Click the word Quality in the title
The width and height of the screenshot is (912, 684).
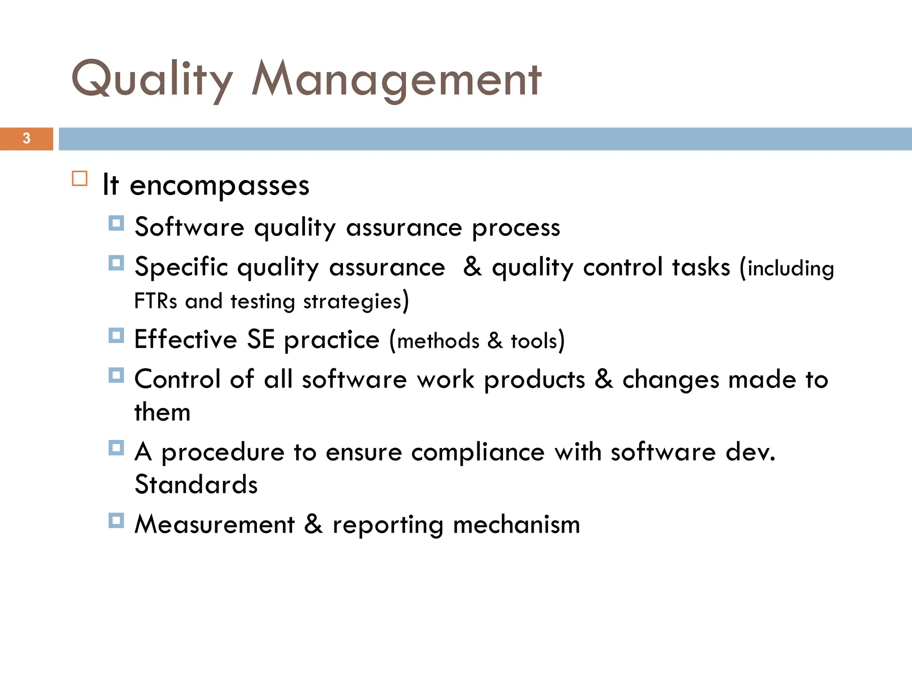[151, 80]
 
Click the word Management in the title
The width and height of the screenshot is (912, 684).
[396, 80]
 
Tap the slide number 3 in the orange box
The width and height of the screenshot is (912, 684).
[26, 138]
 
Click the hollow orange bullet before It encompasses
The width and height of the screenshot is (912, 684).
[79, 179]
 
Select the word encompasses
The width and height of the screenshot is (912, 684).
[219, 186]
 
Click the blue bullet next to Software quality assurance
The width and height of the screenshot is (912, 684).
[116, 223]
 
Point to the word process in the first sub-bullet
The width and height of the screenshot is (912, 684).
[516, 228]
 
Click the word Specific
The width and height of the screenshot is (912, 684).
[181, 268]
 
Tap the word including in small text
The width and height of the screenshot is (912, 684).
[790, 269]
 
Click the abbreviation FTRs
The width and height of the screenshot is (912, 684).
[155, 301]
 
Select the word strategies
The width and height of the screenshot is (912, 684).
[353, 302]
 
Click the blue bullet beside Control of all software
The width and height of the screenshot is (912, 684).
[116, 375]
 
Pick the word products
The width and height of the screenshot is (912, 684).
[534, 380]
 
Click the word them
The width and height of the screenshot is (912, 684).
[162, 412]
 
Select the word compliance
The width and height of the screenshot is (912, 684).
[478, 452]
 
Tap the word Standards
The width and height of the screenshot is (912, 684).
[196, 484]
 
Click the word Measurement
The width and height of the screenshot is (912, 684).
[215, 525]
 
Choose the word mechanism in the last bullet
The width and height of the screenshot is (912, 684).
[517, 525]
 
